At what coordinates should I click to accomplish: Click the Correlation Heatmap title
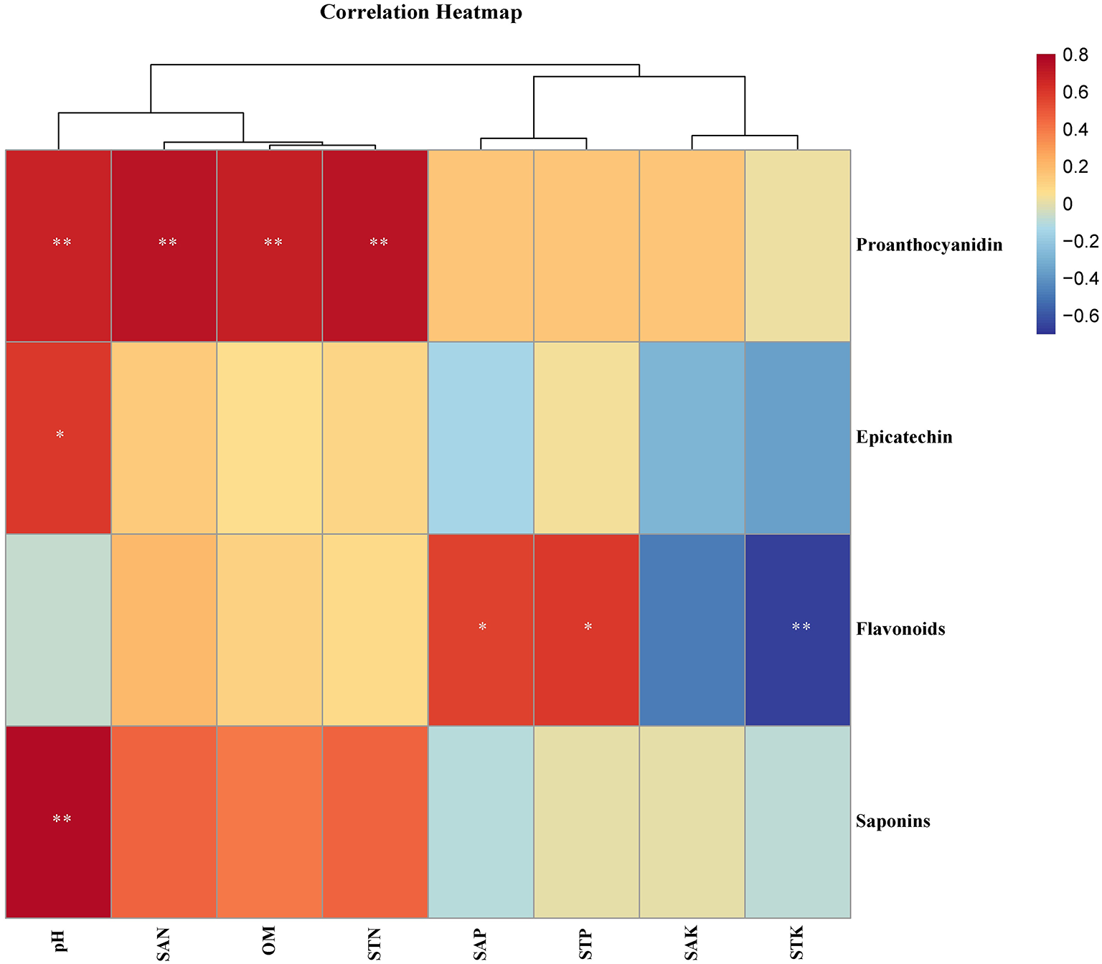(421, 13)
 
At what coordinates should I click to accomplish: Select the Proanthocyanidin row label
(929, 245)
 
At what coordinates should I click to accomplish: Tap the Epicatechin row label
(904, 438)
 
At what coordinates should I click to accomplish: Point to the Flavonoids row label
(900, 630)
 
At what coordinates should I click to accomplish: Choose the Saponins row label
(893, 821)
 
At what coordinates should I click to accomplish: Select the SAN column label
(164, 944)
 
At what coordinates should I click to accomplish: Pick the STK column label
(798, 942)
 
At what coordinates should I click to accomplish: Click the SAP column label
(481, 943)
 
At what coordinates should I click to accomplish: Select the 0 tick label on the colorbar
(1068, 204)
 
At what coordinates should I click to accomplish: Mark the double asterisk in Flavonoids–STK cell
(801, 628)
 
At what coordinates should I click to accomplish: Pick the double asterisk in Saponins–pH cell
(62, 819)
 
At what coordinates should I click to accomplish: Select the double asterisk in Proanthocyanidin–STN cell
(378, 243)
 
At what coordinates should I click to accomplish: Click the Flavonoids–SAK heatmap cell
(692, 630)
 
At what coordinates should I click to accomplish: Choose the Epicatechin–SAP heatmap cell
(481, 438)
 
